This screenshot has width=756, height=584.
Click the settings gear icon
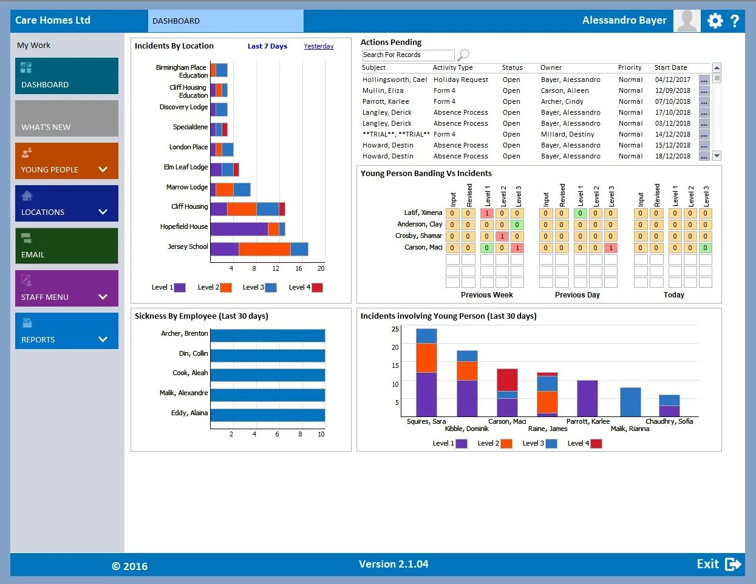tap(715, 21)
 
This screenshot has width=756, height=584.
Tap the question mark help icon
tap(735, 21)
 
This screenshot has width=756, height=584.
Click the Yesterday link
tap(319, 46)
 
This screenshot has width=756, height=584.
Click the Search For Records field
tap(407, 55)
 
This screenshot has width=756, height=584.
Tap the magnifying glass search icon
tap(463, 55)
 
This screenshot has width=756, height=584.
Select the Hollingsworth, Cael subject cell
tap(395, 80)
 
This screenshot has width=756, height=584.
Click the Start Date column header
tap(670, 67)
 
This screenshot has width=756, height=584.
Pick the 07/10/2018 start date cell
tap(672, 101)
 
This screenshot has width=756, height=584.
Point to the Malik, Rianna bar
tap(630, 402)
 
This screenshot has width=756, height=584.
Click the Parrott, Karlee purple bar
tap(587, 398)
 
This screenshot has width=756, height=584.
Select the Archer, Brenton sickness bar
tap(267, 336)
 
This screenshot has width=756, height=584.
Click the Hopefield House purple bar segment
tap(239, 229)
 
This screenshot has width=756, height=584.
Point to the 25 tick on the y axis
tap(395, 329)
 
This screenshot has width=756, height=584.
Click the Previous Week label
tap(486, 295)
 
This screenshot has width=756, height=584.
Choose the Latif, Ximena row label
tap(423, 212)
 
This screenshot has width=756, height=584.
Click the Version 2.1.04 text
tap(393, 564)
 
